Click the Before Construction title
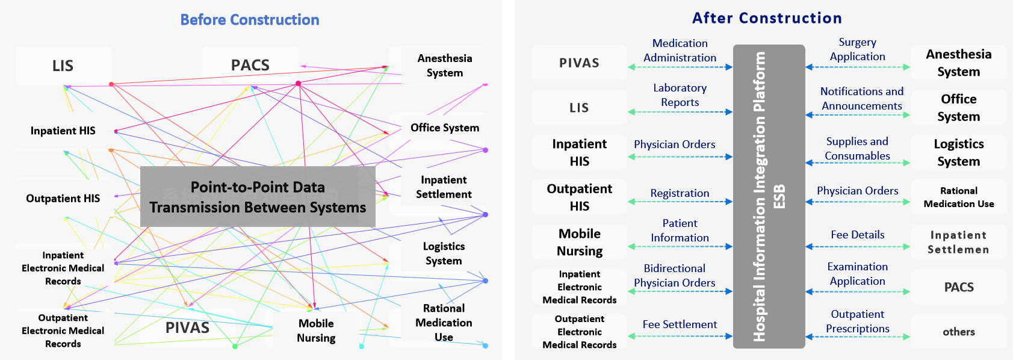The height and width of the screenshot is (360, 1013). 250,20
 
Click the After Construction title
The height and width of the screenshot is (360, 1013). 767,18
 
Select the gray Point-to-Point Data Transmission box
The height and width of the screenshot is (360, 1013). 258,197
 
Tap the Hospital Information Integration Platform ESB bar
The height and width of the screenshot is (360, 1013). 769,196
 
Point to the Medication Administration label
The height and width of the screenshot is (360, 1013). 680,51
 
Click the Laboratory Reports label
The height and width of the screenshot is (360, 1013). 680,95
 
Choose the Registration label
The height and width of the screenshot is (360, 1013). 680,193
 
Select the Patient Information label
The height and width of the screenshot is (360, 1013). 680,231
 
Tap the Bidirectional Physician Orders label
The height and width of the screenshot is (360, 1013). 674,276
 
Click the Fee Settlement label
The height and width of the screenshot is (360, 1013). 680,324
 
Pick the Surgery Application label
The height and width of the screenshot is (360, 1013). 857,49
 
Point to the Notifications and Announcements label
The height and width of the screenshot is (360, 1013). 861,99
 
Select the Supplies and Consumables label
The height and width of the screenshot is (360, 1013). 857,149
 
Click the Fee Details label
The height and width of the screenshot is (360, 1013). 857,235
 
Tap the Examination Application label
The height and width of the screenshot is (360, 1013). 857,274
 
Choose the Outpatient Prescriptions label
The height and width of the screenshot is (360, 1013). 857,321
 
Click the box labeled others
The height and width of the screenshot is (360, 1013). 958,332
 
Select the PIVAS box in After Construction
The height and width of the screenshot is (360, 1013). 579,63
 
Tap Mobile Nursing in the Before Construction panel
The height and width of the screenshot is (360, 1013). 316,331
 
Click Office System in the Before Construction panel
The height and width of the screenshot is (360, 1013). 444,128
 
